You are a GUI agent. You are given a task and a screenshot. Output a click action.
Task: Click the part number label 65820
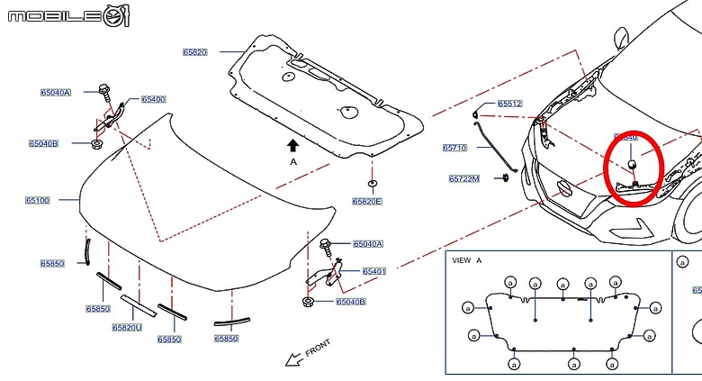pos(195,53)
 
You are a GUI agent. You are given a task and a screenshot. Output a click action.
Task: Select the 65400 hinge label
pos(153,99)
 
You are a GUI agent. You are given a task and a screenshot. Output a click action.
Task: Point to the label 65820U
pos(127,328)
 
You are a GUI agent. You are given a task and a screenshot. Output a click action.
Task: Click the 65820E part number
pos(367,201)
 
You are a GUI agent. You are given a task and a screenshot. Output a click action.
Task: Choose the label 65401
pos(374,271)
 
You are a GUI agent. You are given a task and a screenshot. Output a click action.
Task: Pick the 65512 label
pos(509,104)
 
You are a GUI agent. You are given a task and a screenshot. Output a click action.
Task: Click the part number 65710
pos(454,148)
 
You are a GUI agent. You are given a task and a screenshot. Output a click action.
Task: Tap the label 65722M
pos(464,178)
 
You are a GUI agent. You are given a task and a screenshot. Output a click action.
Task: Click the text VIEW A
pos(467,260)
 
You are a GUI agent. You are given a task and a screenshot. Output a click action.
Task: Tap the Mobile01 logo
pos(68,15)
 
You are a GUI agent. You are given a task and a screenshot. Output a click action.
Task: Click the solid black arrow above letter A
pos(292,144)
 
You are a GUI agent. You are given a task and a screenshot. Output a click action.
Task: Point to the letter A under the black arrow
pos(292,161)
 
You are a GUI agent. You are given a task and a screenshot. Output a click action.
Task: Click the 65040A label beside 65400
pos(55,92)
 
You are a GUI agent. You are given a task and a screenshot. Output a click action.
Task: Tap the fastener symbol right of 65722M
pos(505,177)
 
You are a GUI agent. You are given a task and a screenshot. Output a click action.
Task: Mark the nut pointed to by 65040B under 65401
pos(309,300)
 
